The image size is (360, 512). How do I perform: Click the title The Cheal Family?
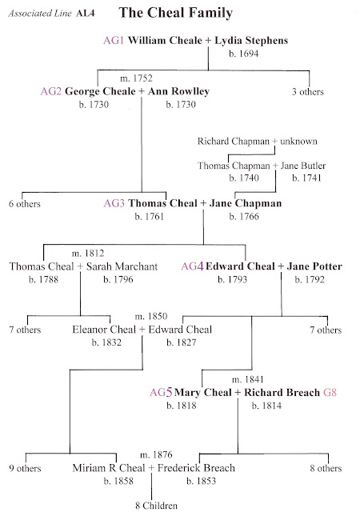tap(186, 14)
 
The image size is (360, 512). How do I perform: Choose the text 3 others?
tap(307, 92)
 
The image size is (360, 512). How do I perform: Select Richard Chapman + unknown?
tap(257, 142)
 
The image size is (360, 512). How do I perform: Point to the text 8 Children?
tap(153, 505)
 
